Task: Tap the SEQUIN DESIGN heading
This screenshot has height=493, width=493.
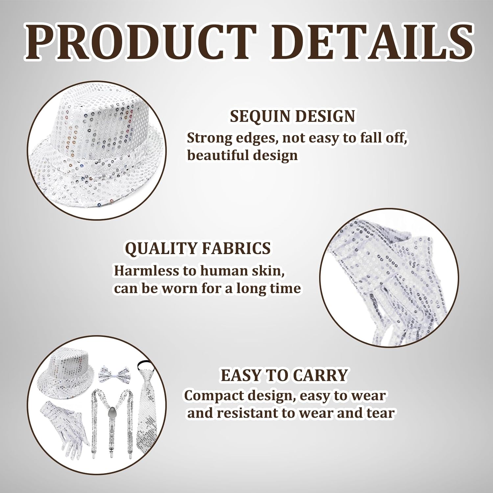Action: [x=293, y=116]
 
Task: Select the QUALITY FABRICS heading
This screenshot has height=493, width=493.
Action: [x=198, y=248]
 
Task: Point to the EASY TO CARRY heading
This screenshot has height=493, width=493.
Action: [x=284, y=375]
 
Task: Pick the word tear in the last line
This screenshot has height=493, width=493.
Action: [x=381, y=413]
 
